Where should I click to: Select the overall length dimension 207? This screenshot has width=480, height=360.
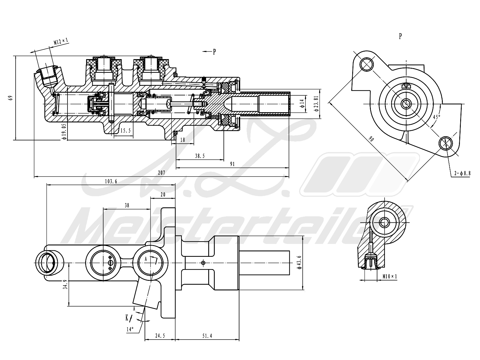pos(161,173)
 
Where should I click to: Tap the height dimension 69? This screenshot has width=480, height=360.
pos(10,97)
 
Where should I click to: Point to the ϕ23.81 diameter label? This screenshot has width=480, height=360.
pos(316,103)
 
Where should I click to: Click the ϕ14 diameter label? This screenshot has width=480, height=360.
pos(302,103)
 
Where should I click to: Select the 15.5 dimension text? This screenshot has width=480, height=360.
pos(125,130)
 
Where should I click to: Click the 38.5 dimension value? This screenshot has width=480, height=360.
pos(200,156)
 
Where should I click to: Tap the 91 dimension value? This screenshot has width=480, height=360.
pos(232,164)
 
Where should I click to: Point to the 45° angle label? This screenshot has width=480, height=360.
pos(437,117)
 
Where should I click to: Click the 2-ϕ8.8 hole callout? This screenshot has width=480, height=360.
pos(462,173)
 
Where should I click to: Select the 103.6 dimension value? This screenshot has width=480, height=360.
pos(111,181)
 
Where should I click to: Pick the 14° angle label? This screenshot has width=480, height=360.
pos(130,329)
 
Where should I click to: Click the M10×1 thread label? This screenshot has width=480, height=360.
pos(390,277)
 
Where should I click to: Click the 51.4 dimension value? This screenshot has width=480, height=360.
pos(207,336)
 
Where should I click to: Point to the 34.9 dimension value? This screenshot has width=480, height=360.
pos(65,285)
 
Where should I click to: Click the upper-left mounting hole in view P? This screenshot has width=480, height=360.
pos(367,64)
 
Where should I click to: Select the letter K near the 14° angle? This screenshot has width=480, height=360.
pos(127,318)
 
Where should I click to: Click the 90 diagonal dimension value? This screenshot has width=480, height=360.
pos(371,139)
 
